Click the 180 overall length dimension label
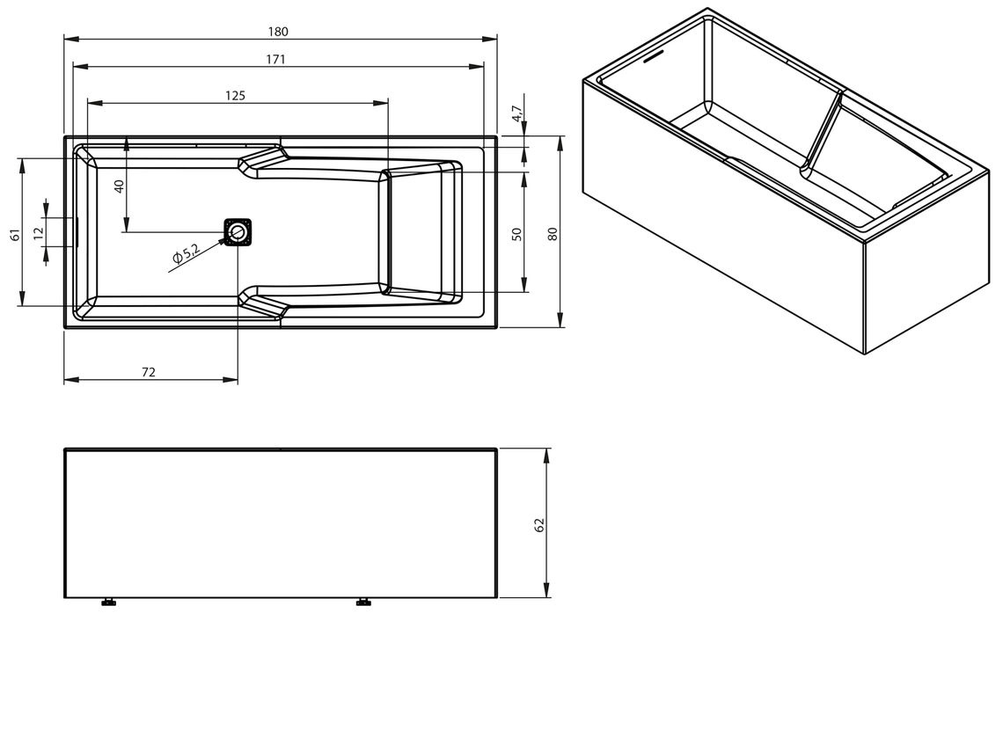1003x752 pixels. (279, 32)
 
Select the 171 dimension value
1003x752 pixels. (275, 60)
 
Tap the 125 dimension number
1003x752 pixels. (236, 96)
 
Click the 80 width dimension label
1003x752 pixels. (554, 233)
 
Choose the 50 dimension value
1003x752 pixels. (518, 233)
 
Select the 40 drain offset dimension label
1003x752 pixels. (119, 186)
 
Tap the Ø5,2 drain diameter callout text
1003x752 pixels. (187, 254)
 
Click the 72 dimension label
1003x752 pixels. (149, 372)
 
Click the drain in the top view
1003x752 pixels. (238, 231)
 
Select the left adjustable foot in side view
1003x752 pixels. (109, 601)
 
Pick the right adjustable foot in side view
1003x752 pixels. (364, 601)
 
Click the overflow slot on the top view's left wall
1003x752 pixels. (77, 231)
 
